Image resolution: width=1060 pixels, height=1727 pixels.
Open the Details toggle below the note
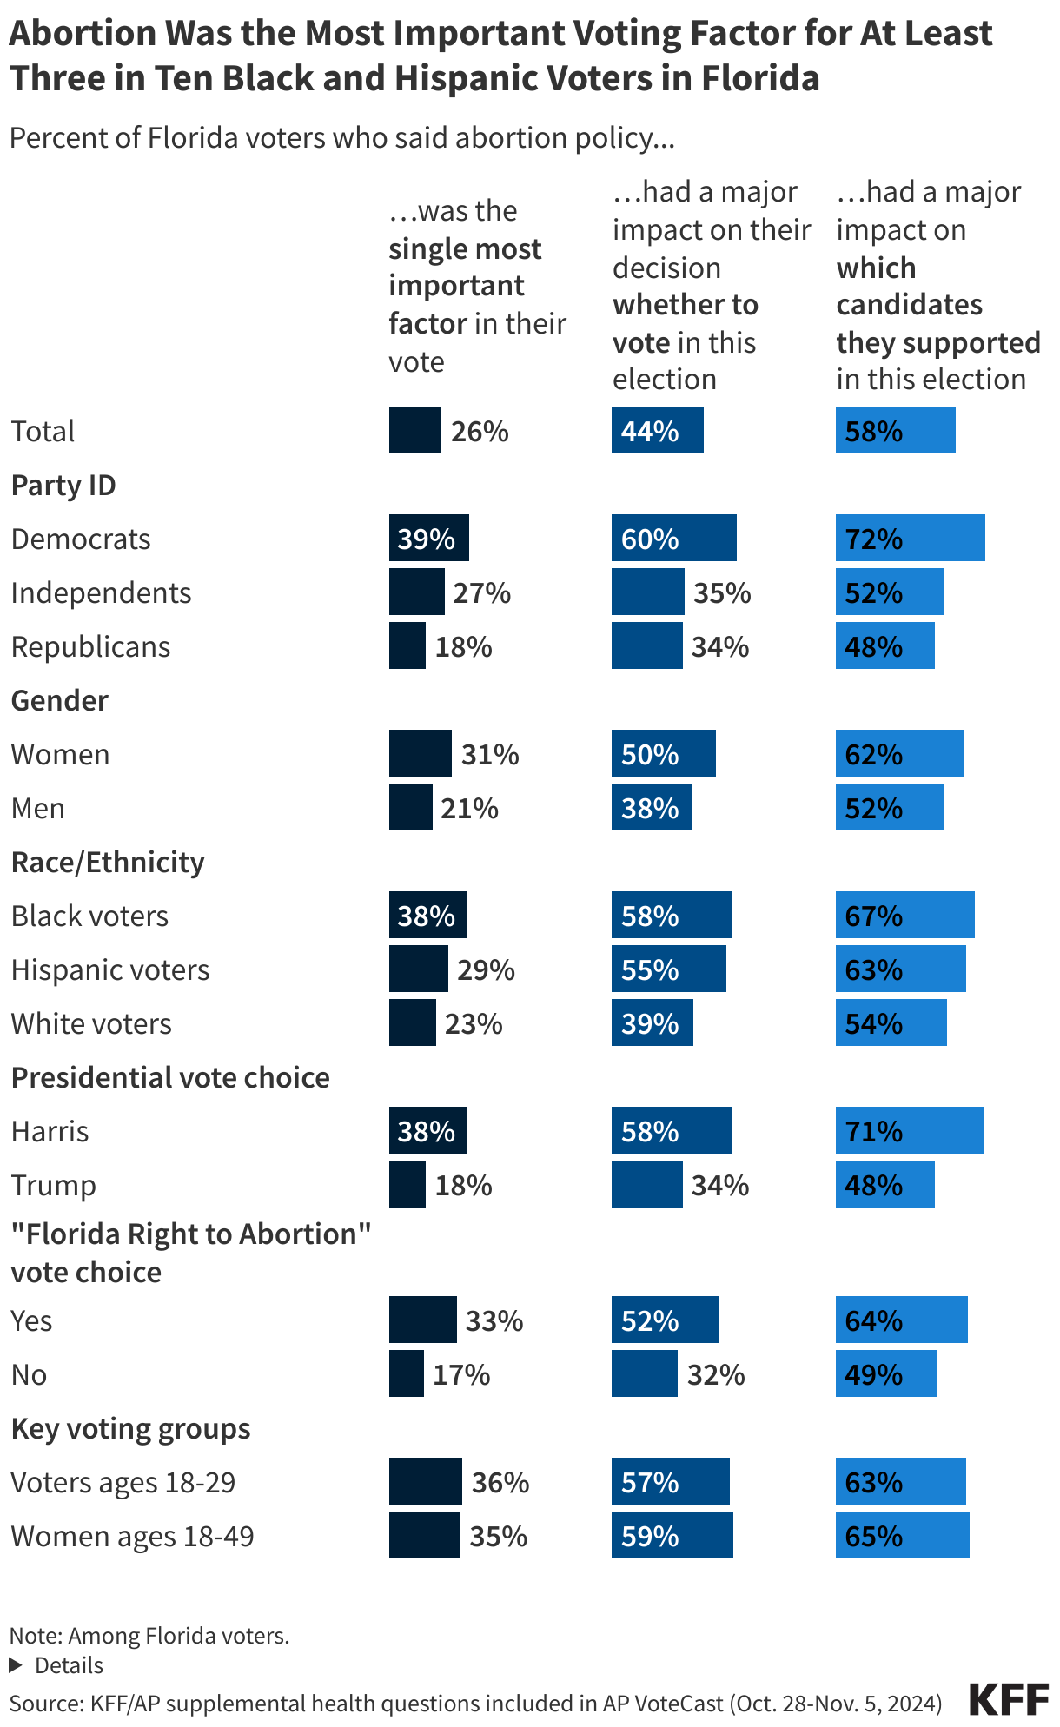coord(57,1665)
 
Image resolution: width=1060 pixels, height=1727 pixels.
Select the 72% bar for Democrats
coord(910,539)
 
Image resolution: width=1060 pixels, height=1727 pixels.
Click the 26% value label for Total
coord(480,431)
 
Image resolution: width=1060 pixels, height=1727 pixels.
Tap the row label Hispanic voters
coord(110,969)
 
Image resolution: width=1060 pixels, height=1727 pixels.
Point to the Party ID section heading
coord(63,485)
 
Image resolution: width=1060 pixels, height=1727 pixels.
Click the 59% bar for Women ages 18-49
coord(672,1536)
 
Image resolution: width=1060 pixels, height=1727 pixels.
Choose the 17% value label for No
coord(461,1374)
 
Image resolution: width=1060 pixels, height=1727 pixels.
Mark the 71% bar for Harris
coord(909,1131)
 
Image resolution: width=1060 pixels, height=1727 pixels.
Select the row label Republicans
coord(91,646)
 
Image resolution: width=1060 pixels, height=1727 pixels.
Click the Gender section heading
coord(60,700)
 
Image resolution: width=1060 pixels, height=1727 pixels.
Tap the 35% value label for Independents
coord(722,592)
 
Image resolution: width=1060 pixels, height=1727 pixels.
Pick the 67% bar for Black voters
coord(904,916)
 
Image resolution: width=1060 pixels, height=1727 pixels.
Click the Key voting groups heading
coord(131,1428)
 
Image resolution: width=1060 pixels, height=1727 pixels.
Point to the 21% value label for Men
coord(469,808)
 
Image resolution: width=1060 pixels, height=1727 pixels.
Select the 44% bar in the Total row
coord(657,431)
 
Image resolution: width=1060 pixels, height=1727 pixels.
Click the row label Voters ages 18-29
coord(123,1482)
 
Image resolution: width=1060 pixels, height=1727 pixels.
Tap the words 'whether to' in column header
coord(686,305)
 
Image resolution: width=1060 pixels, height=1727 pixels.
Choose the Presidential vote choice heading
coord(170,1077)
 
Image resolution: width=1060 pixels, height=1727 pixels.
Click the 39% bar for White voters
coord(652,1023)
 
